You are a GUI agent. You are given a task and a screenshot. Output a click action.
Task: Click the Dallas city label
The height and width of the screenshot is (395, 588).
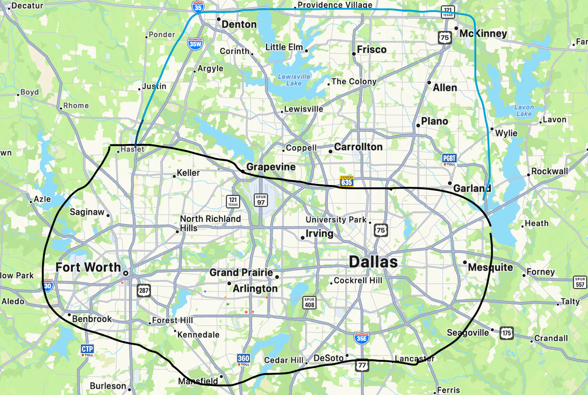point(373,262)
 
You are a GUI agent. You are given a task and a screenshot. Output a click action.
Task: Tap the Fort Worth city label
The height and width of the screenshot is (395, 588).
point(88,267)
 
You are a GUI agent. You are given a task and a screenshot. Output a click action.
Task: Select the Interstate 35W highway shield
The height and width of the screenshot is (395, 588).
point(195,44)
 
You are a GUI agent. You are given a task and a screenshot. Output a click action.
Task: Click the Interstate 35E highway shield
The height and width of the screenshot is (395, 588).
point(361,338)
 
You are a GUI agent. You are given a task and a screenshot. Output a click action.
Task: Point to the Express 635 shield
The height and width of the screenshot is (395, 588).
point(347,182)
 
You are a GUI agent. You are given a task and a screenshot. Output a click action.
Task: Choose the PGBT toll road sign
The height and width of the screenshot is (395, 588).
point(449,159)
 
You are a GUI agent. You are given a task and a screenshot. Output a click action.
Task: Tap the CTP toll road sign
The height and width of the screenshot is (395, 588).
point(87,350)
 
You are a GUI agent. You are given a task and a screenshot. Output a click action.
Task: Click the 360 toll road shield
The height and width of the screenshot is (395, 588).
point(244,360)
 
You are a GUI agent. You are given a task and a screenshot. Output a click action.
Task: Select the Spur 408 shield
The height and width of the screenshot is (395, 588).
point(309,303)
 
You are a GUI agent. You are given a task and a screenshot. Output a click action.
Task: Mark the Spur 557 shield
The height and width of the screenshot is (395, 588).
point(580,282)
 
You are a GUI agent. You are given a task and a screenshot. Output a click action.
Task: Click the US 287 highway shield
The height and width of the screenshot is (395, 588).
point(144,290)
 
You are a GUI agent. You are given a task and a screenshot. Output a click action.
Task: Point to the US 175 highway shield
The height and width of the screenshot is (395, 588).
point(507,333)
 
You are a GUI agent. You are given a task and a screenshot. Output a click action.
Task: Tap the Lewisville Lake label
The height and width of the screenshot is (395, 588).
point(294,80)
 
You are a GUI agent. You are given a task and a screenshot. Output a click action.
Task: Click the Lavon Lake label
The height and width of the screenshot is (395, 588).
point(524,110)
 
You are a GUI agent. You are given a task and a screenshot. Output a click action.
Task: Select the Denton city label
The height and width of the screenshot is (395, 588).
point(239,24)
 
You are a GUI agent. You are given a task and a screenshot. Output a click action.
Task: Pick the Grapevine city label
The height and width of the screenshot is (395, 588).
point(271,167)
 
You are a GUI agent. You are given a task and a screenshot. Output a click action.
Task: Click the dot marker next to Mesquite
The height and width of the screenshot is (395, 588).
point(465,262)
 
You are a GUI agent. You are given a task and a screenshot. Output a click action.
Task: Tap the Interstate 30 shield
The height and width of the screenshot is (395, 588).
point(48,285)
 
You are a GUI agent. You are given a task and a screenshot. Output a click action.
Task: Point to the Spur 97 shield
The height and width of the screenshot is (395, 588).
point(261,200)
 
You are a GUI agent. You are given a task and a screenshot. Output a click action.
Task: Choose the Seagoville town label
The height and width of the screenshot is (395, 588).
point(468,332)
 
